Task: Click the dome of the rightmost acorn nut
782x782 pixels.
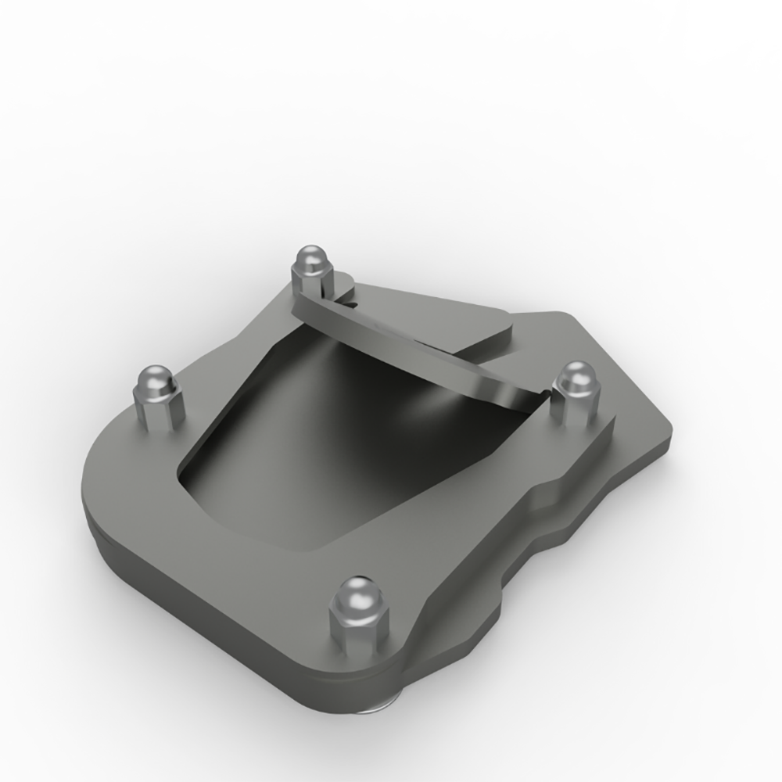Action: tap(577, 380)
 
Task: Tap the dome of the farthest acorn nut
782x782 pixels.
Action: tap(310, 260)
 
